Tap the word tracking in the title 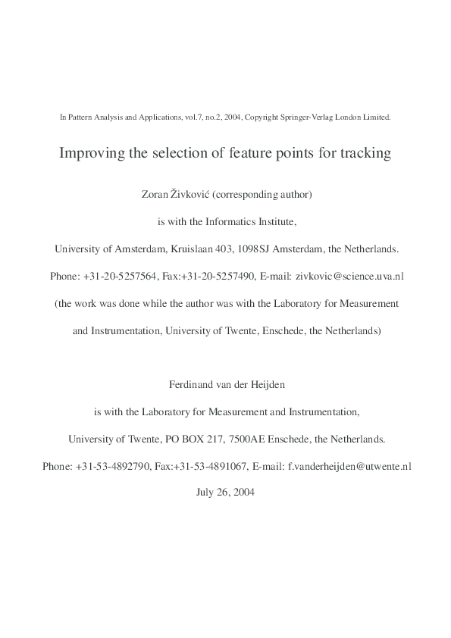point(363,153)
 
